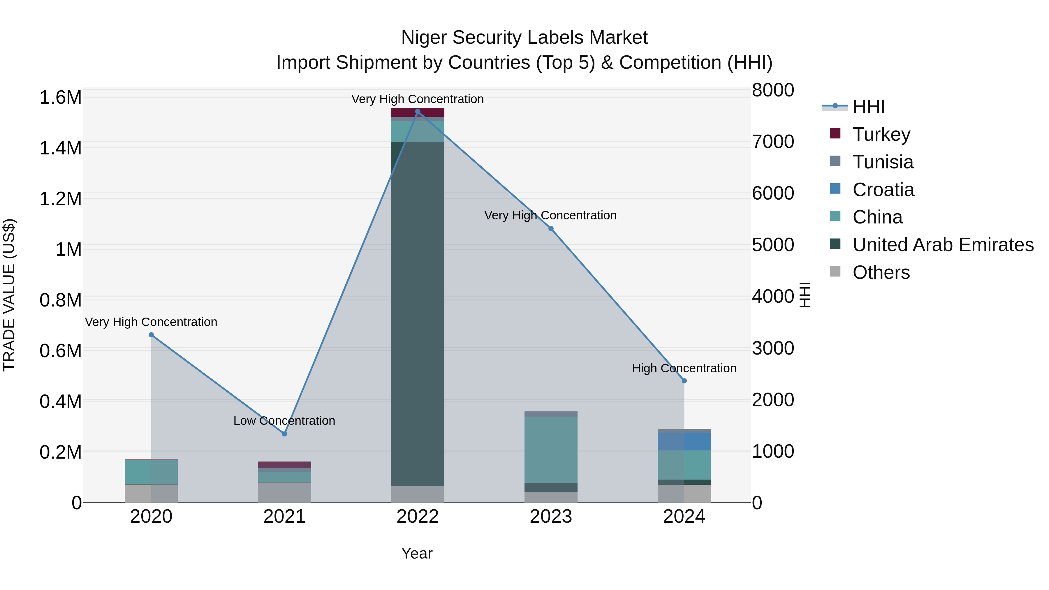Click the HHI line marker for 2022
(x=417, y=112)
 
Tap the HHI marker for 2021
(x=284, y=434)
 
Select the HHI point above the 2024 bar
(x=684, y=381)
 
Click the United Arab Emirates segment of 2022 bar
(x=417, y=314)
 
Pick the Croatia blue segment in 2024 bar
(x=684, y=441)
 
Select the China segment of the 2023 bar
(x=550, y=450)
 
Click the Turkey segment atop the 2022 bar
(x=417, y=112)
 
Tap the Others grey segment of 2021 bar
(x=284, y=492)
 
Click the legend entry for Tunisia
(x=883, y=162)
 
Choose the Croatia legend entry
(x=883, y=190)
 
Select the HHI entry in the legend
(x=868, y=107)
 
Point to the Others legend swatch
(x=835, y=272)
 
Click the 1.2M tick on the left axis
(x=60, y=199)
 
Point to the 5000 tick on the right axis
(x=772, y=245)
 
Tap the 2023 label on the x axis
(x=550, y=517)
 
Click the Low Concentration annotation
(x=284, y=421)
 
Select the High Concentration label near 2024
(x=684, y=368)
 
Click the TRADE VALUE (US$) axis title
(x=9, y=295)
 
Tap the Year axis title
(x=417, y=553)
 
